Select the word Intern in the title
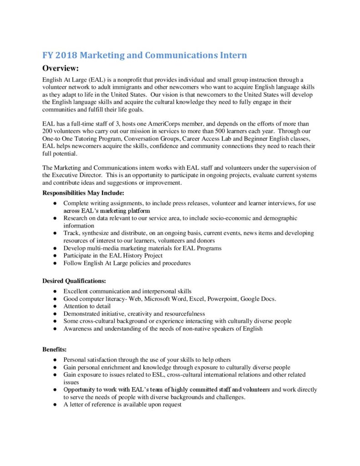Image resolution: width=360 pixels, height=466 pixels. [x=233, y=56]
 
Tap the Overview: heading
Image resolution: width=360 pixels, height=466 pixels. [x=61, y=69]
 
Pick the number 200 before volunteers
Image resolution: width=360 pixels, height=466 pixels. [x=48, y=131]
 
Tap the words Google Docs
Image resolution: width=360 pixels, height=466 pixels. [x=259, y=299]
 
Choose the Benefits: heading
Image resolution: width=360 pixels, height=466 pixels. [x=55, y=349]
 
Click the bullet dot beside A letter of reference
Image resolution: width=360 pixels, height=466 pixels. [x=55, y=405]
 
